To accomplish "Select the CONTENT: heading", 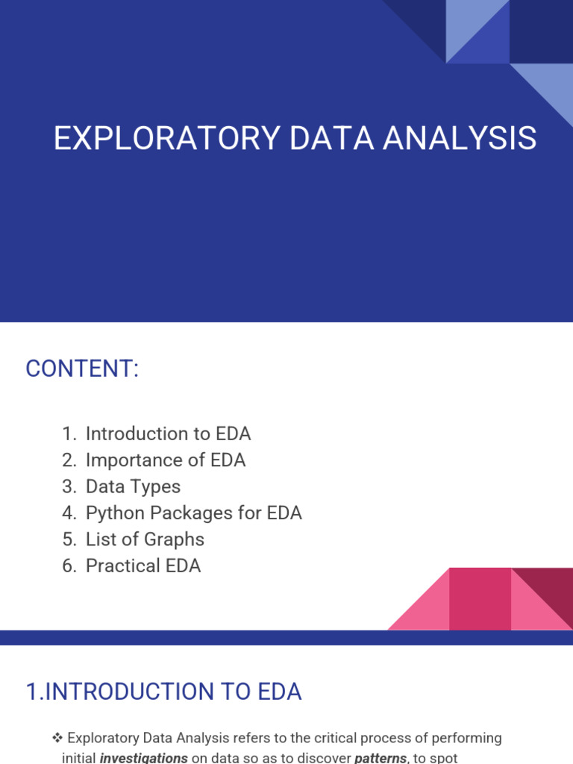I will tap(82, 369).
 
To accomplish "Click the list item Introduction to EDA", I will tap(168, 433).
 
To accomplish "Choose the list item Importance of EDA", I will tap(165, 460).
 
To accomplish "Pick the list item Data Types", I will tap(133, 486).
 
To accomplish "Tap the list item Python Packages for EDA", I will tap(193, 513).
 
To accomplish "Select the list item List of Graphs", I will tap(145, 539).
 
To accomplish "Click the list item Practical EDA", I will tap(143, 566).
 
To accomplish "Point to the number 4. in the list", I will tap(70, 513).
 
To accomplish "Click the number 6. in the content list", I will tap(70, 566).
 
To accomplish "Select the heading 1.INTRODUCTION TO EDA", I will tap(163, 692).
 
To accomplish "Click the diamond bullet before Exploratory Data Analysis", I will tap(57, 738).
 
